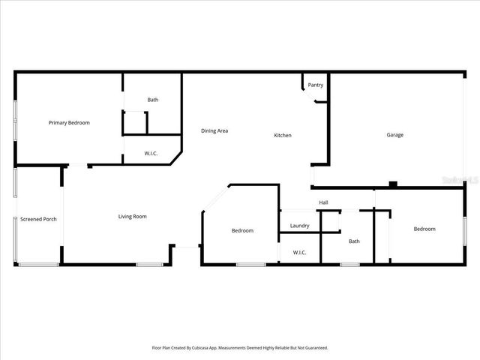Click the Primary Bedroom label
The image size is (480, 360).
coord(69,122)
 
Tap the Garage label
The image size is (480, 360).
coord(394,135)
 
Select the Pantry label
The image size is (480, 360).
coord(315,85)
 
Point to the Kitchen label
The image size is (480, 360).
coord(282,135)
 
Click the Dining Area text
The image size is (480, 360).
coord(214,130)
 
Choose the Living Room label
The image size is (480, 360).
coord(132,217)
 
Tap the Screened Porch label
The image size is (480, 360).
coord(38,219)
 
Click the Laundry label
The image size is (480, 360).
coord(299,226)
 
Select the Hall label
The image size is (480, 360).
coord(323,202)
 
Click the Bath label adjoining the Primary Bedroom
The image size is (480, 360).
coord(152,100)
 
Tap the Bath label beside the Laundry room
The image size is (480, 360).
coord(354,241)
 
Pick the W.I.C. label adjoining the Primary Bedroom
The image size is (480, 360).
coord(151,153)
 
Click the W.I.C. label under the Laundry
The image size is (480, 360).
coord(299,252)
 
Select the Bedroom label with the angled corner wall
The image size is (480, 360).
coord(241,230)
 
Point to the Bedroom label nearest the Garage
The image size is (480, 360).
coord(424,229)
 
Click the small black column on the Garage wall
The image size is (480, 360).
coord(392,184)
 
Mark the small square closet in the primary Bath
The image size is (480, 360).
coord(134,122)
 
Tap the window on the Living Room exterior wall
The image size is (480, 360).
coord(149,264)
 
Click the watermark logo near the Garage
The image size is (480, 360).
coord(459,180)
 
